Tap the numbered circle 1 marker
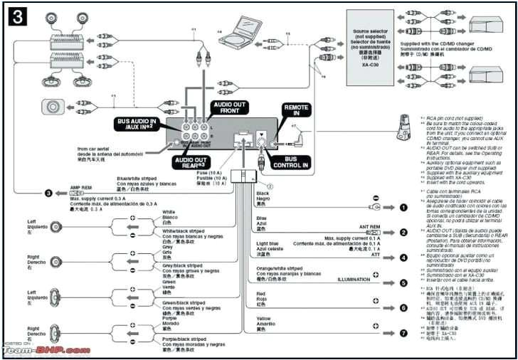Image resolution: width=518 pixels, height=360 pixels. tap(403, 208)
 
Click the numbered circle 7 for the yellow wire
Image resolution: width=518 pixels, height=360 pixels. tap(403, 332)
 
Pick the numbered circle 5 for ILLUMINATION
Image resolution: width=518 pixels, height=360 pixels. tap(403, 282)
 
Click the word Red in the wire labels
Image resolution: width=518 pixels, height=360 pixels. tap(260, 293)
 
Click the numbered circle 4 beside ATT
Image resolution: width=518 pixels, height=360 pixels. tap(403, 258)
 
